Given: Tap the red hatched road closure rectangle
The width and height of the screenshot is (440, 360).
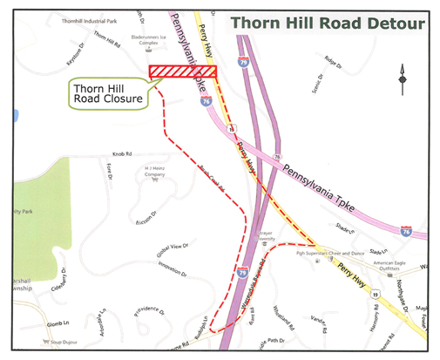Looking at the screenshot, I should (181, 71).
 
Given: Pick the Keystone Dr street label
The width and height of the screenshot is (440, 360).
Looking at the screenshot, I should (79, 55).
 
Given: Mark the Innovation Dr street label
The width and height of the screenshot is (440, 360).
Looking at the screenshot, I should (173, 271).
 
